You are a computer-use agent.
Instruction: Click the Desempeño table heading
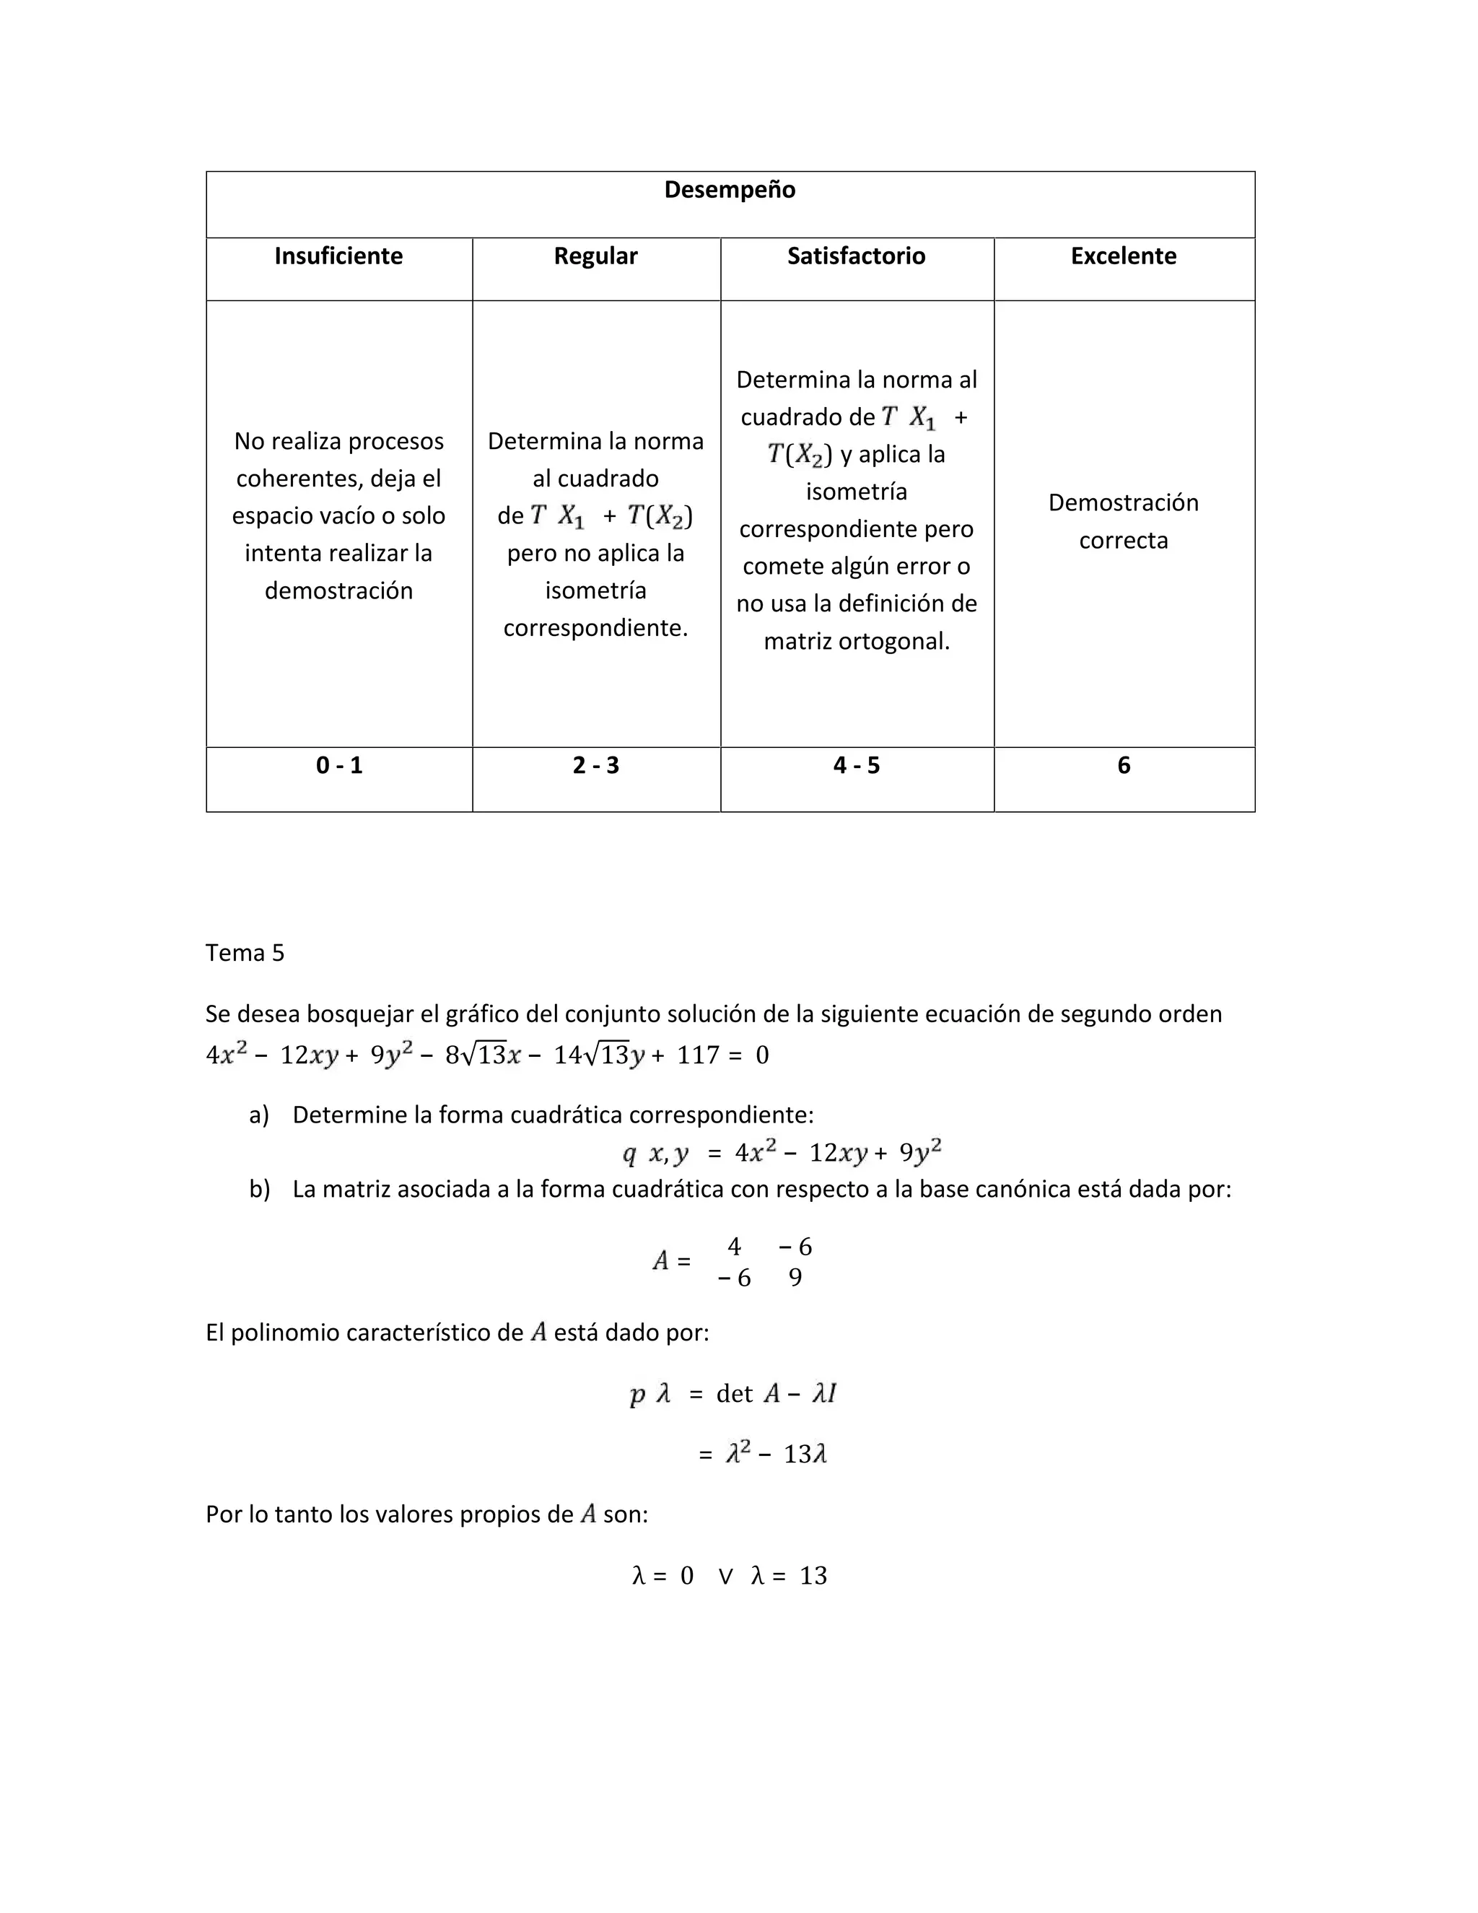point(730,190)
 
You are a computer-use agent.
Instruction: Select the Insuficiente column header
point(339,256)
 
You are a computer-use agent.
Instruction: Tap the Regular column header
point(595,256)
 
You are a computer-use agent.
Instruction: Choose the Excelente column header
point(1124,256)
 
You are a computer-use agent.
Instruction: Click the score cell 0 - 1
point(339,765)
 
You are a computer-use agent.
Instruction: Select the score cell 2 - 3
point(595,765)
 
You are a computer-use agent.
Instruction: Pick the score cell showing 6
point(1124,765)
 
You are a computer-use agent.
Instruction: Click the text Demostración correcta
point(1124,521)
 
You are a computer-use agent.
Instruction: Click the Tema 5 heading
point(245,953)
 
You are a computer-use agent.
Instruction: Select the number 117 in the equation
point(698,1055)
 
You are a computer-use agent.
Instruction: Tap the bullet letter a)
point(258,1115)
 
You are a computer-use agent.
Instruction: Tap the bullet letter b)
point(259,1190)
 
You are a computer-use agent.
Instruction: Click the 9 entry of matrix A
point(795,1278)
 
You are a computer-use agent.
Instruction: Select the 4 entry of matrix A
point(734,1247)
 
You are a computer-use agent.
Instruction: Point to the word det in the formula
point(734,1393)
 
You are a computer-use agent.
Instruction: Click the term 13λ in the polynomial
point(805,1455)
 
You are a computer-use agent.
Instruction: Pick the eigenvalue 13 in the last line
point(813,1576)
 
